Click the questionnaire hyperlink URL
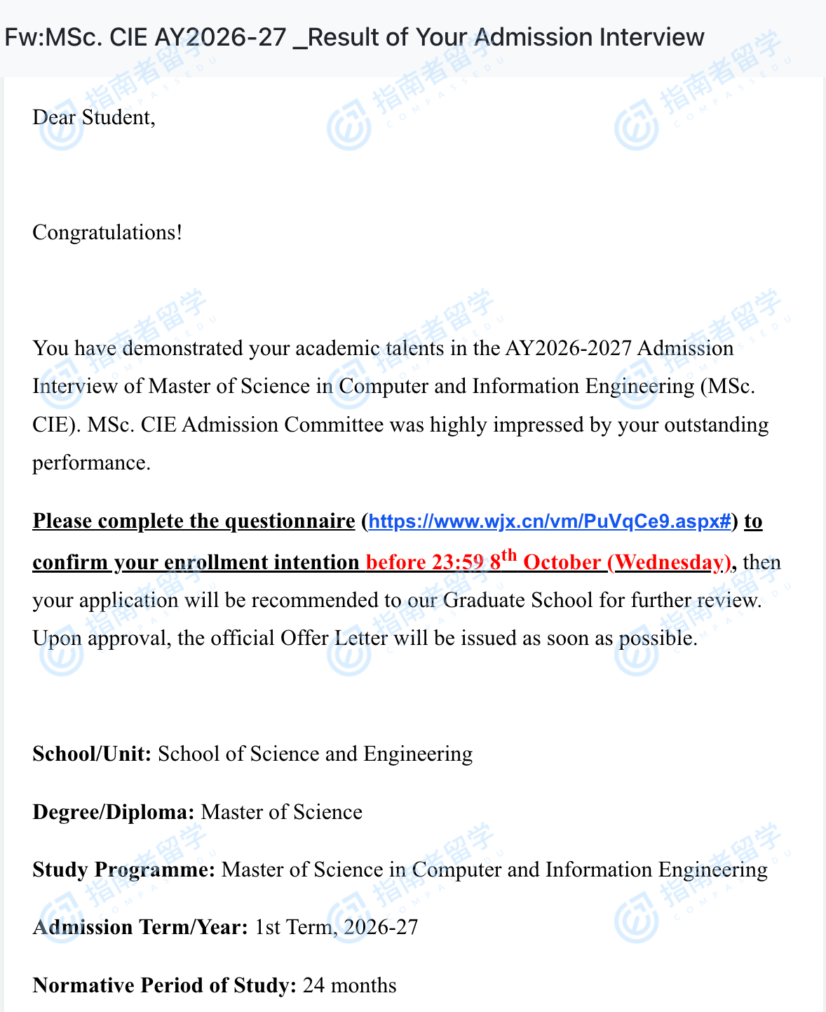[x=550, y=521]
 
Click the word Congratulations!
[x=107, y=232]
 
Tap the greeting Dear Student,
[x=94, y=117]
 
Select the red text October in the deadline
[x=562, y=562]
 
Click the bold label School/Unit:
[x=92, y=754]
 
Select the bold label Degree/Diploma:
[x=114, y=812]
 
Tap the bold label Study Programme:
[x=124, y=870]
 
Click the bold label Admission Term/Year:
[x=140, y=927]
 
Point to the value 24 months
[x=350, y=985]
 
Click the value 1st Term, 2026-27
[x=337, y=927]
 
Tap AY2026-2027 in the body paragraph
[x=568, y=348]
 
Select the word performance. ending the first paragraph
[x=92, y=462]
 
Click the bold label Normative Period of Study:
[x=165, y=985]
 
